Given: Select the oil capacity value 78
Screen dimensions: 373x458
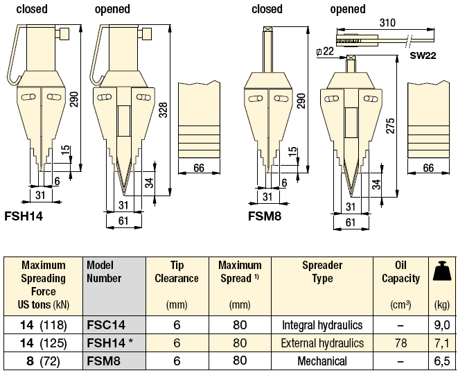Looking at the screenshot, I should point(400,342).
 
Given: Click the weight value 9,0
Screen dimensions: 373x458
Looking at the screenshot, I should point(442,324).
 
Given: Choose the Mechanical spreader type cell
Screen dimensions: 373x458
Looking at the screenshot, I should point(322,361).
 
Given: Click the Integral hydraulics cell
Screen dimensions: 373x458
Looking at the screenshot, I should point(322,324).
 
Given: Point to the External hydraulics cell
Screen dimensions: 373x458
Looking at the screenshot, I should point(322,342).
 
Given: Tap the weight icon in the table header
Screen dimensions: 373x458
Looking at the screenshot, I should point(442,272).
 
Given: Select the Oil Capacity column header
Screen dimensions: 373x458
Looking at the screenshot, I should point(400,272).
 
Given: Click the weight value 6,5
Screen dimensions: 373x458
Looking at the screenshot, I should point(442,361).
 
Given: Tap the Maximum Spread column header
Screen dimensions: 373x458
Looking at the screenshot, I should point(240,272).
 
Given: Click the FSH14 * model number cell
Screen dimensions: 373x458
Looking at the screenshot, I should point(110,342).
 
